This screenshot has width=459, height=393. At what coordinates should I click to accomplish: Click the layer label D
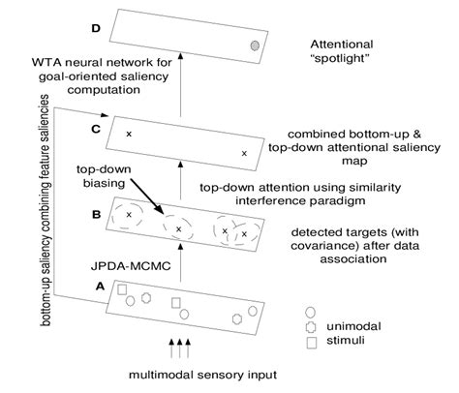97,28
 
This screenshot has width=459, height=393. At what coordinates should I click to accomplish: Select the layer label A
97,285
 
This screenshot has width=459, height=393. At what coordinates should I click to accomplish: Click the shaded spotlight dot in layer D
254,45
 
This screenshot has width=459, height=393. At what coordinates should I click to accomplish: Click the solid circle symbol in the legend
310,313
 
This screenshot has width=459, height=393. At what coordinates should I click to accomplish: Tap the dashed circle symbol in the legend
310,328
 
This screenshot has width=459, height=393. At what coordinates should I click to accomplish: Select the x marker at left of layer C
128,133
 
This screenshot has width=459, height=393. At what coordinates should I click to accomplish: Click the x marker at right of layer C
244,153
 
